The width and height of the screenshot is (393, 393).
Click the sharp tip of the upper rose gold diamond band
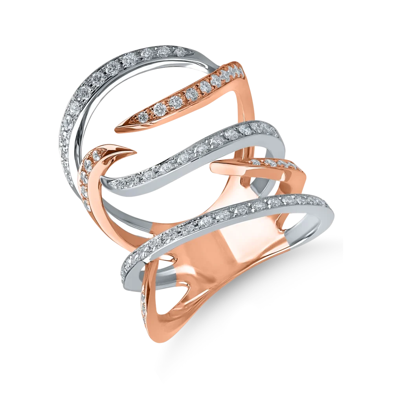click(116, 128)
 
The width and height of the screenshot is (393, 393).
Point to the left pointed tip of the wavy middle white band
click(103, 179)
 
